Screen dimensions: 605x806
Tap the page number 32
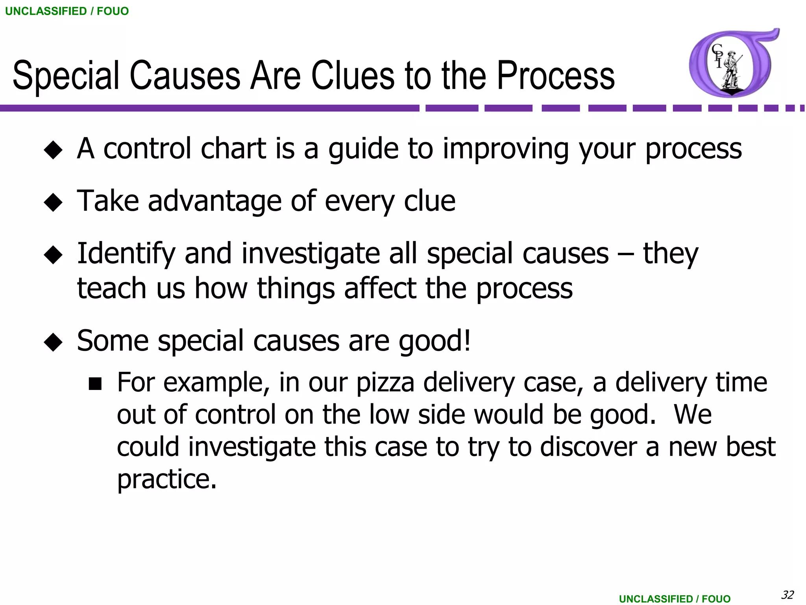pos(787,594)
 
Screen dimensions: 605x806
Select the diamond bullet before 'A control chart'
pos(53,150)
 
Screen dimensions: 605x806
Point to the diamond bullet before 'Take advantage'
pos(53,202)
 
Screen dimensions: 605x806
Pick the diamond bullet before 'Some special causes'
pos(53,342)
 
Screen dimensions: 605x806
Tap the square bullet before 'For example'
pos(95,384)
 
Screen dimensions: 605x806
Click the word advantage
pos(214,201)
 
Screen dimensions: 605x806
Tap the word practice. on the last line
pos(167,480)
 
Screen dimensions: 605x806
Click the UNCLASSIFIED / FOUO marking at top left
pos(67,11)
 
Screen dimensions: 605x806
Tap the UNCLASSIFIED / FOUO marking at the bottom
pos(675,599)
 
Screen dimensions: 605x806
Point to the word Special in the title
pos(66,75)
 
